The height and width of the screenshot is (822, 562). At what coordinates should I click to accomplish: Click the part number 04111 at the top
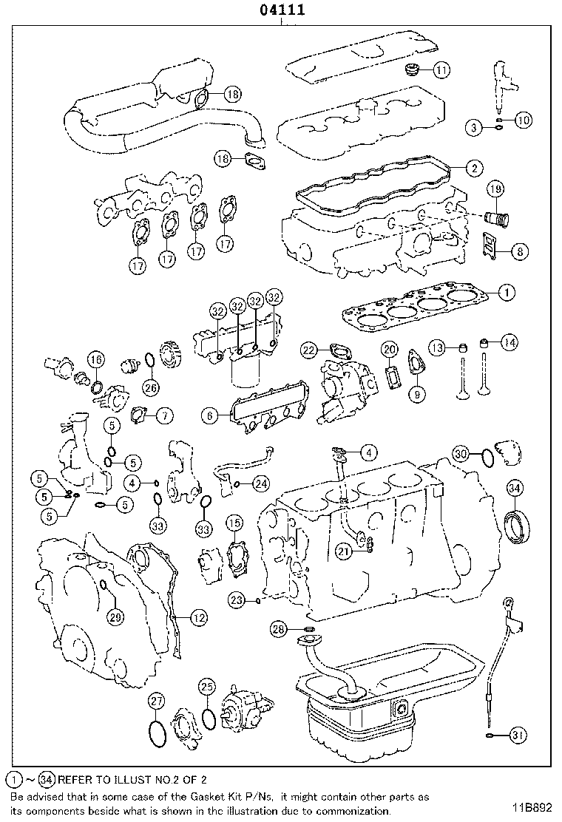tap(281, 11)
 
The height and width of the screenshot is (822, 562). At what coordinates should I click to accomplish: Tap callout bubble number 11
tap(441, 71)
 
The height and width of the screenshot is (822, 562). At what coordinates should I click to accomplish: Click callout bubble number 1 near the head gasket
tap(506, 293)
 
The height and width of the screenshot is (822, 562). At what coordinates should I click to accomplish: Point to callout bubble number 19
tap(495, 190)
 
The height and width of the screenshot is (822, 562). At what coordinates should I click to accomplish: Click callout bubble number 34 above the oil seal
tap(515, 488)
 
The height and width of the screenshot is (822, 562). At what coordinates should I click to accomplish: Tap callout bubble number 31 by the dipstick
tap(518, 735)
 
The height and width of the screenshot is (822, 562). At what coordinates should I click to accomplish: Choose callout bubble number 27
tap(156, 701)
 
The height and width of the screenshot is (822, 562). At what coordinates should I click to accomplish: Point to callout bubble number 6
tap(211, 416)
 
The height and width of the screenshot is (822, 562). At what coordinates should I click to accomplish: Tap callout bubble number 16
tap(95, 360)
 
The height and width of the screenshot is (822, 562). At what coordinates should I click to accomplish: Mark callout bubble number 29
tap(115, 617)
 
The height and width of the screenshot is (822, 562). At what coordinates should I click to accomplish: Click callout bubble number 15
tap(234, 524)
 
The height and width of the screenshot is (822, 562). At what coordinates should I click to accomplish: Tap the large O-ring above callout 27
tap(157, 733)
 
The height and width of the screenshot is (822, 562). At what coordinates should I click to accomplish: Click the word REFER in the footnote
tap(75, 779)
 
